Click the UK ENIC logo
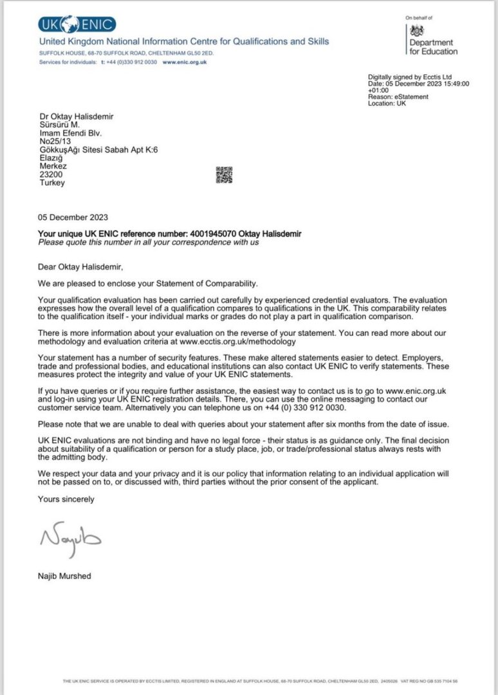[x=77, y=25]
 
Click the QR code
[x=224, y=174]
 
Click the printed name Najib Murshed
[x=64, y=576]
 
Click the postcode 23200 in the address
[x=51, y=174]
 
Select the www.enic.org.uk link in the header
[x=185, y=62]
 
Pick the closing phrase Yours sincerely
[x=66, y=499]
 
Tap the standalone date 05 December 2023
[x=73, y=218]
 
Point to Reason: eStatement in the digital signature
[x=398, y=97]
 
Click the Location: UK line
[x=387, y=104]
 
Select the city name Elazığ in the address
[x=52, y=157]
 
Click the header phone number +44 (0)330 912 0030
[x=129, y=62]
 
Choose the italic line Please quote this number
[x=148, y=243]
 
